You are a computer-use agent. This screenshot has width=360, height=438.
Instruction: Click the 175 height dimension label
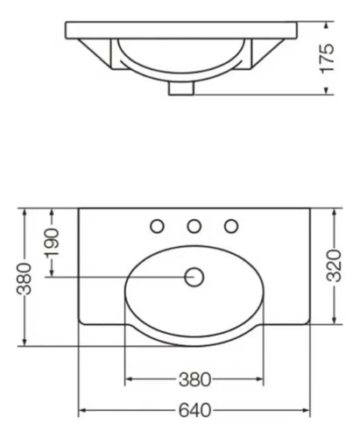(329, 58)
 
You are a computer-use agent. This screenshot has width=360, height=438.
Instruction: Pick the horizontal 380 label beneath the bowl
(194, 380)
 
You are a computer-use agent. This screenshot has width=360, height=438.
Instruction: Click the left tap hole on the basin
(158, 226)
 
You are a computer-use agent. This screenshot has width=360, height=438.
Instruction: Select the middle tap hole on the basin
(194, 226)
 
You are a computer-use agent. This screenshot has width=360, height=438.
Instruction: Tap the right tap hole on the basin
(231, 226)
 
